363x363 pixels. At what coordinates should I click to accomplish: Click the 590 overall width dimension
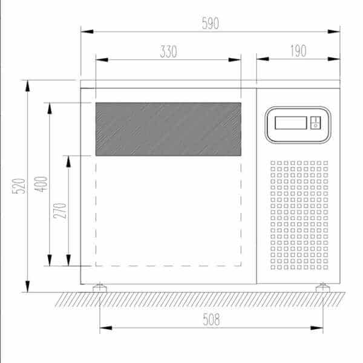pos(210,23)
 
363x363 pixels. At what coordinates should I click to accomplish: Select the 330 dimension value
pos(169,51)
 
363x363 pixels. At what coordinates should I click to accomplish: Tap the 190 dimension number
pos(298,51)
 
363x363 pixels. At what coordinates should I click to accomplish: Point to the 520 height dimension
pos(19,186)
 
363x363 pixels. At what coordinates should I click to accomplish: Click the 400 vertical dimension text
pos(41,185)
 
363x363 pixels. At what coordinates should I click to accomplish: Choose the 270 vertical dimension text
pos(60,211)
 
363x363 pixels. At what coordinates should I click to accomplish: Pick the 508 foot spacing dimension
pos(211,319)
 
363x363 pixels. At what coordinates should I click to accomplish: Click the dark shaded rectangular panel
pos(168,129)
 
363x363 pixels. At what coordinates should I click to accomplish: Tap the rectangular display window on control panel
pos(291,123)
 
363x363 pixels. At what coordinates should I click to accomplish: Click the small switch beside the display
pos(315,123)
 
